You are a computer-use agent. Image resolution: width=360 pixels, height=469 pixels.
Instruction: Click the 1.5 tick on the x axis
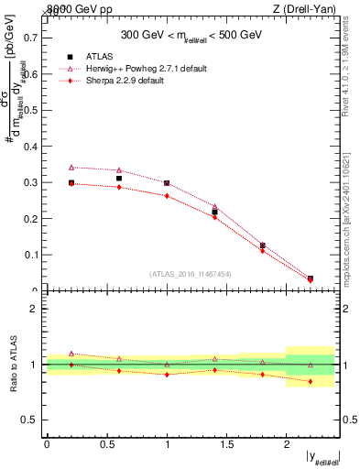[226, 444]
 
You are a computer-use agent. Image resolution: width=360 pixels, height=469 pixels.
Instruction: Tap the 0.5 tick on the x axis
[106, 444]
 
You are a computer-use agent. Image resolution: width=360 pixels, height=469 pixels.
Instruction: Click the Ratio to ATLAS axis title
[12, 365]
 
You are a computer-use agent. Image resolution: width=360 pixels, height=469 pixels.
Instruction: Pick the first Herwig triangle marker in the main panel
[71, 168]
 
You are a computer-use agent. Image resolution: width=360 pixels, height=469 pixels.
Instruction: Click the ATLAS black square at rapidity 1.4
[214, 213]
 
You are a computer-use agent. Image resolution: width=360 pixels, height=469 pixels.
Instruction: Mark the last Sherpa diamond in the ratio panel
[311, 381]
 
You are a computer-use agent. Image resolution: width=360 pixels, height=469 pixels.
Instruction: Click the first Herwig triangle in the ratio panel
[71, 354]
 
